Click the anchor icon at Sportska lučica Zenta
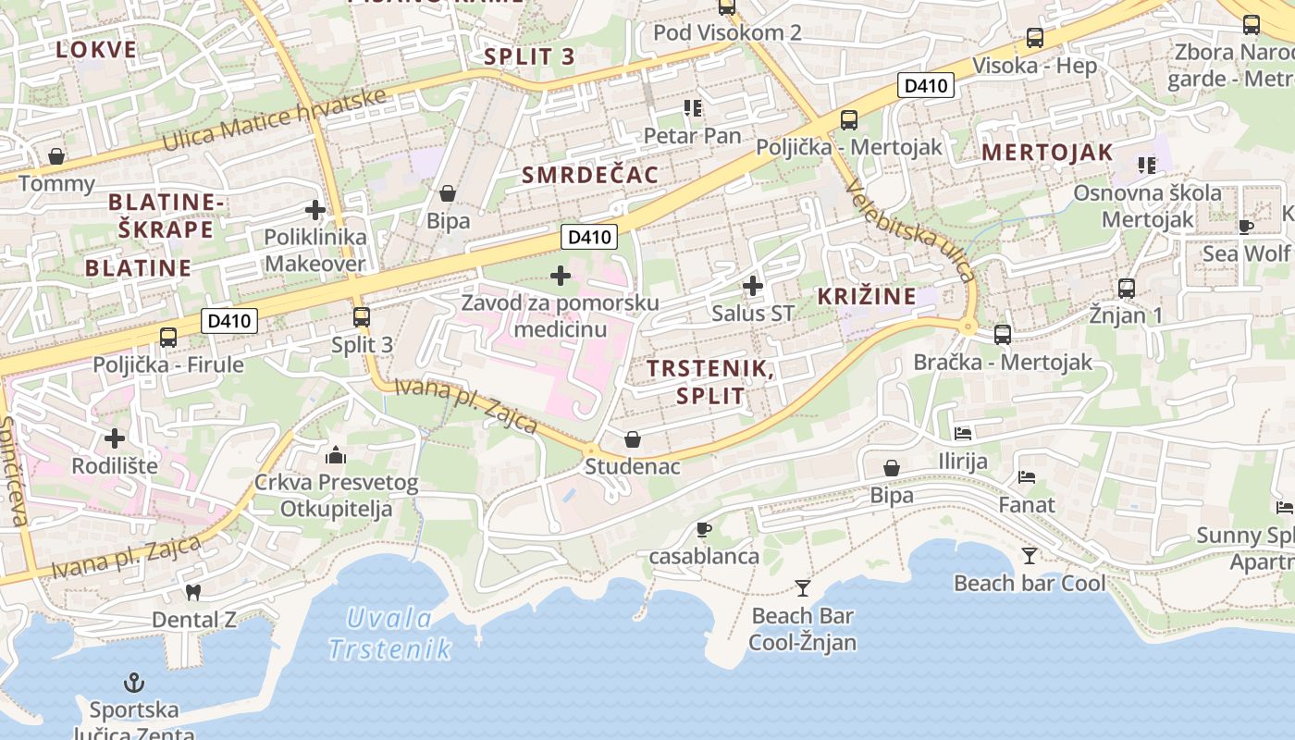coord(134,684)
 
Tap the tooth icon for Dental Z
coord(193,592)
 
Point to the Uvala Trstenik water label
coord(389,634)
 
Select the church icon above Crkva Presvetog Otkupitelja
coord(336,455)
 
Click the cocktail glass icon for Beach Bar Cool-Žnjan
coord(802,587)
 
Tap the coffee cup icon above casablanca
coord(703,529)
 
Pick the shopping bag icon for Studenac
coord(633,438)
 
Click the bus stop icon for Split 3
coord(362,317)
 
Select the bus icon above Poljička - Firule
coord(167,337)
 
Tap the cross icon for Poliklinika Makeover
coord(315,210)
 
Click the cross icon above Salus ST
coord(753,286)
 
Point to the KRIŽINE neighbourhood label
coord(867,297)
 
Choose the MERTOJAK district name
coord(1047,153)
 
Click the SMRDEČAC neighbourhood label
coord(590,175)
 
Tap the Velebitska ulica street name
coord(910,228)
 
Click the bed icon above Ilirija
coord(963,433)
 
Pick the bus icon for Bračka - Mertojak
coord(1003,334)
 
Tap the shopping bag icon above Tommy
coord(56,156)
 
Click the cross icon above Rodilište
coord(115,438)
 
